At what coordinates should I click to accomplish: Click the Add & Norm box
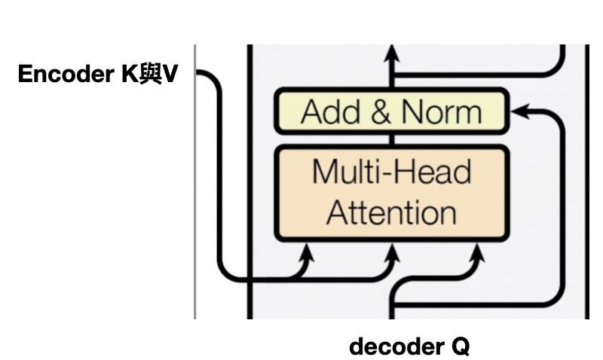(x=390, y=112)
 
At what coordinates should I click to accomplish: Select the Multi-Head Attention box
(x=390, y=192)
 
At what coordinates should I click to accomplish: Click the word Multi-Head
(x=391, y=172)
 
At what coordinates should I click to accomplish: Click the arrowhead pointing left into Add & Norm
(x=518, y=112)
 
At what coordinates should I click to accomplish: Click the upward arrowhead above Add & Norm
(x=391, y=54)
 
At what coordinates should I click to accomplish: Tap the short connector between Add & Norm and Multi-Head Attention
(x=391, y=139)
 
